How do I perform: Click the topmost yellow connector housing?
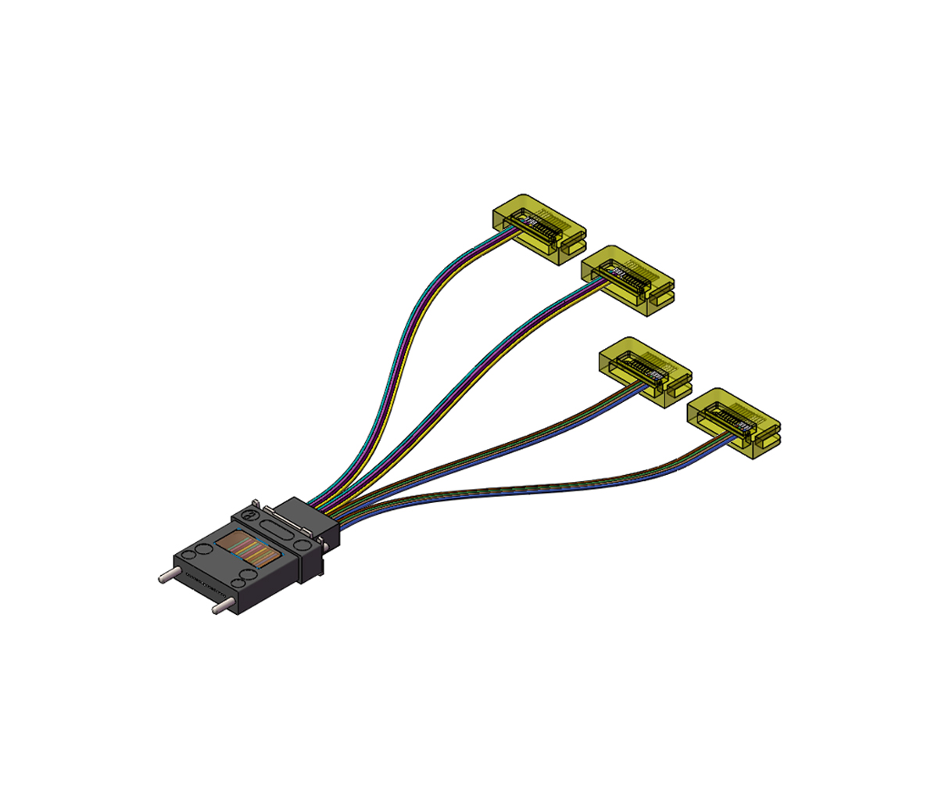(539, 228)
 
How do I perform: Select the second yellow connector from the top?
(628, 279)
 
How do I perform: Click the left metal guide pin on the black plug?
(167, 577)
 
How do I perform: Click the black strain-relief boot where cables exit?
(317, 520)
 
